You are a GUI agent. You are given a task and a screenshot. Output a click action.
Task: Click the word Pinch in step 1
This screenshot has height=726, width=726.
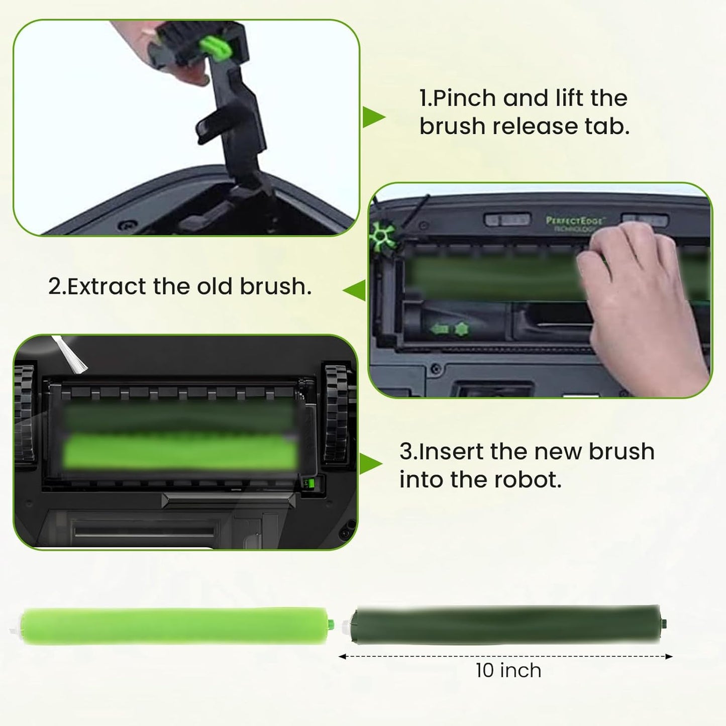pos(464,98)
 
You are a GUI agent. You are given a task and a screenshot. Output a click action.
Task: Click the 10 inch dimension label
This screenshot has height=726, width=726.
pos(508,671)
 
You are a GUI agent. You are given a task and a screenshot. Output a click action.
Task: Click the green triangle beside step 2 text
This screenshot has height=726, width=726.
pos(355,290)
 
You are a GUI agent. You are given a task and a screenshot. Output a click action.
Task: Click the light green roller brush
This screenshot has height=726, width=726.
pos(173,626)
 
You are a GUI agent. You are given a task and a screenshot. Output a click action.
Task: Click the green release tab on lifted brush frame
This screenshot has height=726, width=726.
pos(215,46)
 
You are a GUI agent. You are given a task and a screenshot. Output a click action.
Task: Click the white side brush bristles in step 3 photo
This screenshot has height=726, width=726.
pos(70,354)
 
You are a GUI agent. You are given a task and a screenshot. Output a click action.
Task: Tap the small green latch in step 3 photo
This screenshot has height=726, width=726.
pos(310,484)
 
